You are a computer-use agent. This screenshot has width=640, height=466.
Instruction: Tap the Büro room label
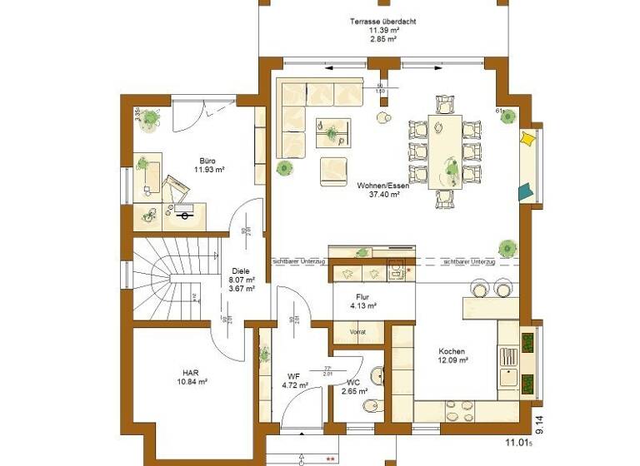point(207,161)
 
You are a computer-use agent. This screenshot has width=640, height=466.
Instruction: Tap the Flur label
point(363,296)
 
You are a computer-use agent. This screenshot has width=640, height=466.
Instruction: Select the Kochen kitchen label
point(452,351)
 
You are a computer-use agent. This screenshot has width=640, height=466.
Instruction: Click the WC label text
point(354,382)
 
